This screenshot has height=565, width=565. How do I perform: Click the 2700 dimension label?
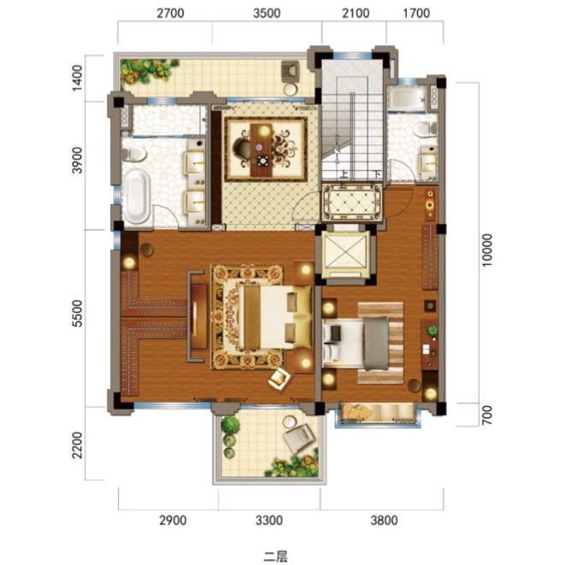pos(170,14)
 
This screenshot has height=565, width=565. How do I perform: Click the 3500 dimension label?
pos(267,14)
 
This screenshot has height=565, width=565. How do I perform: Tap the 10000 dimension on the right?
pos(487,250)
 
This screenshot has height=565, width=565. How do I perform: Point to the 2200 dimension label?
pos(77,445)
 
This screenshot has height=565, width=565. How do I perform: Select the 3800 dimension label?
pos(384,521)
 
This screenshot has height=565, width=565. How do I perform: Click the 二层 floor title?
pos(275,556)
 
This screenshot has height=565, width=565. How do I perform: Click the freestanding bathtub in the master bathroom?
pos(137,197)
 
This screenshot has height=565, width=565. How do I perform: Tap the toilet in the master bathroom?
pos(133,154)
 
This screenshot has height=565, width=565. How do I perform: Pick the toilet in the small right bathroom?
pos(425,129)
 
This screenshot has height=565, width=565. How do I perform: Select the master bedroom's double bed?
pos(275,317)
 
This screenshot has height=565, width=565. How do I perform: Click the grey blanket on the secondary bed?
pos(376,344)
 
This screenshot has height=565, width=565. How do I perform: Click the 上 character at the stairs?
pos(344,174)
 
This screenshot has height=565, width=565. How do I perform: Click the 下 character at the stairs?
pos(377,174)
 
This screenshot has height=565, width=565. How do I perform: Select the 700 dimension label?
pos(487,415)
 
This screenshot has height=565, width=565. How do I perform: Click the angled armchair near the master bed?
pos(280,379)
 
